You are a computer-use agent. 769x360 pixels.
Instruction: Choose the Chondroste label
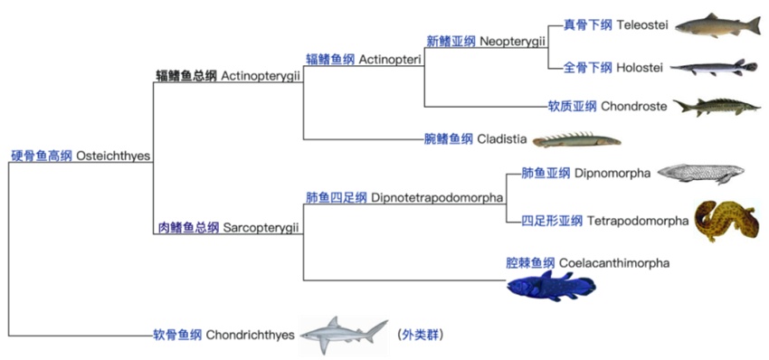633,107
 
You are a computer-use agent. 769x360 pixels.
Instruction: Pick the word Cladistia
500,139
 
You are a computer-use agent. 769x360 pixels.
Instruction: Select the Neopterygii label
513,42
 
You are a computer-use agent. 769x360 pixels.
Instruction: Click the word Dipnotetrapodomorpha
437,198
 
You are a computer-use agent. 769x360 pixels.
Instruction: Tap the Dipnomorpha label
612,174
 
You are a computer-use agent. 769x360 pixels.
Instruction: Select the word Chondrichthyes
250,336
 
